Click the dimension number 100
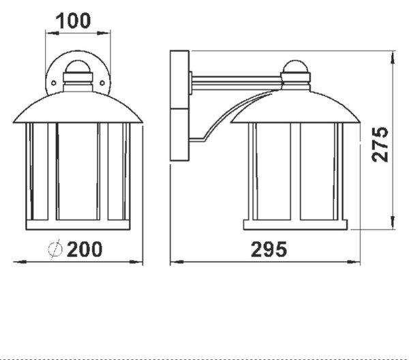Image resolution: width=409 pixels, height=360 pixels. point(74,21)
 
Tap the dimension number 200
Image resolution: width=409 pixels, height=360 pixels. point(85,249)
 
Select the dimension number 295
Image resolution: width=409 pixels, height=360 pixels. point(269,250)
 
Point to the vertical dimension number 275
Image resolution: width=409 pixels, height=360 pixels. point(380,145)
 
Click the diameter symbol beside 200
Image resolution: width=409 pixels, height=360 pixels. point(55,249)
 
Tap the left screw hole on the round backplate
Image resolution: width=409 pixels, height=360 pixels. point(54,83)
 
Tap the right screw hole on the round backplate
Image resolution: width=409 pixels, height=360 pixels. point(102,83)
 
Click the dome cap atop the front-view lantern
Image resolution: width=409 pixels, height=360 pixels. point(78,67)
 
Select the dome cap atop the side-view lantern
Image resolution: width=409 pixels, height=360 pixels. point(296,67)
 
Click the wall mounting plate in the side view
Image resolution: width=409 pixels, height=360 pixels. point(179,106)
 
